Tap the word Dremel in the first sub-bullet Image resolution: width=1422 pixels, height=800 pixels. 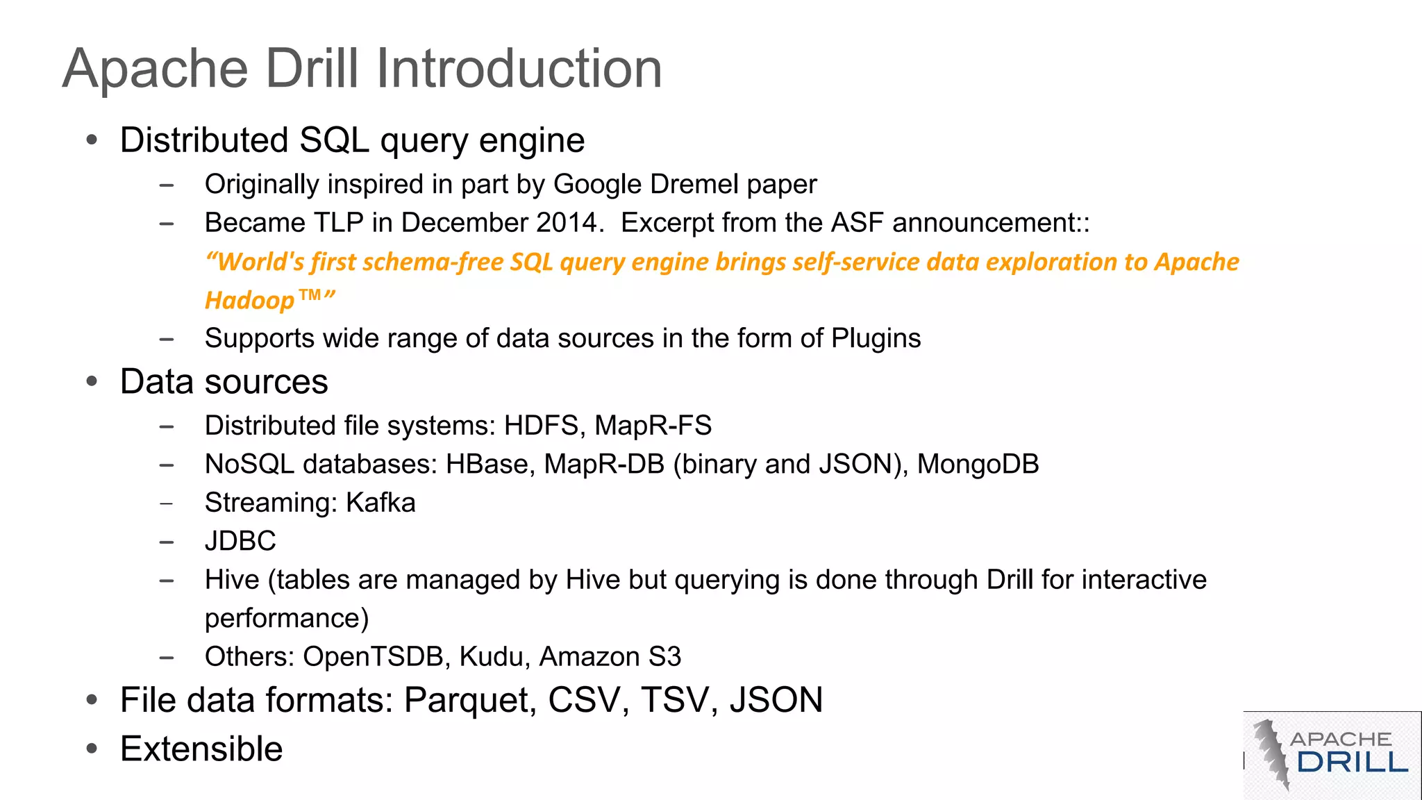click(x=694, y=185)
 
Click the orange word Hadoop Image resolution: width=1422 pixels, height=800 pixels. click(x=250, y=301)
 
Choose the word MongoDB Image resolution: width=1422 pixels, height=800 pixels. click(x=978, y=465)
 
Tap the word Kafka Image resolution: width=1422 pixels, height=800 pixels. click(x=380, y=503)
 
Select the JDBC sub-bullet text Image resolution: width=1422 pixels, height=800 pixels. click(x=240, y=541)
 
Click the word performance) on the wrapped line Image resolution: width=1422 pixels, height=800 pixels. click(x=287, y=618)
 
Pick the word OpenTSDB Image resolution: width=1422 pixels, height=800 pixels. click(x=373, y=657)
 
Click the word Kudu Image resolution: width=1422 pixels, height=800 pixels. click(x=491, y=657)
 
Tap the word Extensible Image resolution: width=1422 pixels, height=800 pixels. click(x=201, y=749)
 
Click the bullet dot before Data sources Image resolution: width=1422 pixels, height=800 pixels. click(x=92, y=381)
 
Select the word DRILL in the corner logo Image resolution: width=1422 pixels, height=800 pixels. click(x=1352, y=762)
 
